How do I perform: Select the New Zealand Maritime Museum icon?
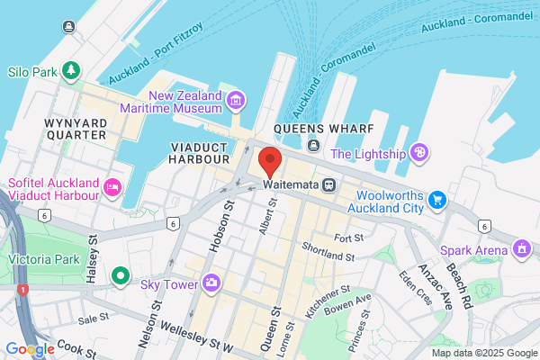(x=236, y=99)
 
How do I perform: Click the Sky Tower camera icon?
(x=211, y=283)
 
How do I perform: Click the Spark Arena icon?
(x=521, y=247)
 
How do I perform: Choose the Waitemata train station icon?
(x=330, y=185)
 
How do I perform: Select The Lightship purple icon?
(x=418, y=152)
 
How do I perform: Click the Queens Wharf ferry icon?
(x=312, y=145)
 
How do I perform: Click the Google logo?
(x=30, y=349)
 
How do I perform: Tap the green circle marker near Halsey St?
(x=121, y=274)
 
